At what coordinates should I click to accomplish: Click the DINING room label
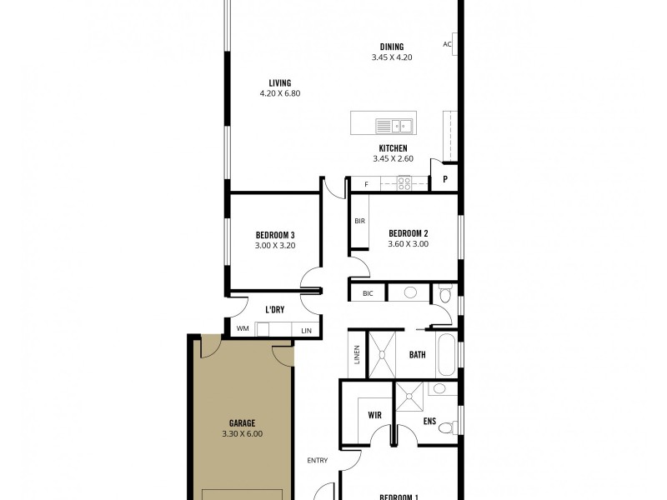pyautogui.click(x=392, y=47)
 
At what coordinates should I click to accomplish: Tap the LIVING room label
pyautogui.click(x=279, y=82)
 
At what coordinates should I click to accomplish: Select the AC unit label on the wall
pyautogui.click(x=447, y=44)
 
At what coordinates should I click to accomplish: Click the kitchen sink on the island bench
pyautogui.click(x=394, y=126)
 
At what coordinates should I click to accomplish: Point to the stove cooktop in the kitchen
pyautogui.click(x=404, y=182)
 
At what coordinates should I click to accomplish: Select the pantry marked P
pyautogui.click(x=445, y=178)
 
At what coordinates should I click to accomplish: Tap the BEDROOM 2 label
pyautogui.click(x=408, y=232)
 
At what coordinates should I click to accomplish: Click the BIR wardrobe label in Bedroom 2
pyautogui.click(x=360, y=221)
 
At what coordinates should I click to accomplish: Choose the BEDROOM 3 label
pyautogui.click(x=275, y=234)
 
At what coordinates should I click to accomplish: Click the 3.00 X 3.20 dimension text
pyautogui.click(x=275, y=246)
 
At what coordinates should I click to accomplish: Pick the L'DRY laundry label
pyautogui.click(x=275, y=310)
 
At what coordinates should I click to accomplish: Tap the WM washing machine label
pyautogui.click(x=243, y=329)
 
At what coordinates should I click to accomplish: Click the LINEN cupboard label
pyautogui.click(x=357, y=354)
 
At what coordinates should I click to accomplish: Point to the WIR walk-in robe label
pyautogui.click(x=374, y=413)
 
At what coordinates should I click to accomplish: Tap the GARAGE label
pyautogui.click(x=242, y=422)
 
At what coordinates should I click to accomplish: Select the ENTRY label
pyautogui.click(x=317, y=460)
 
